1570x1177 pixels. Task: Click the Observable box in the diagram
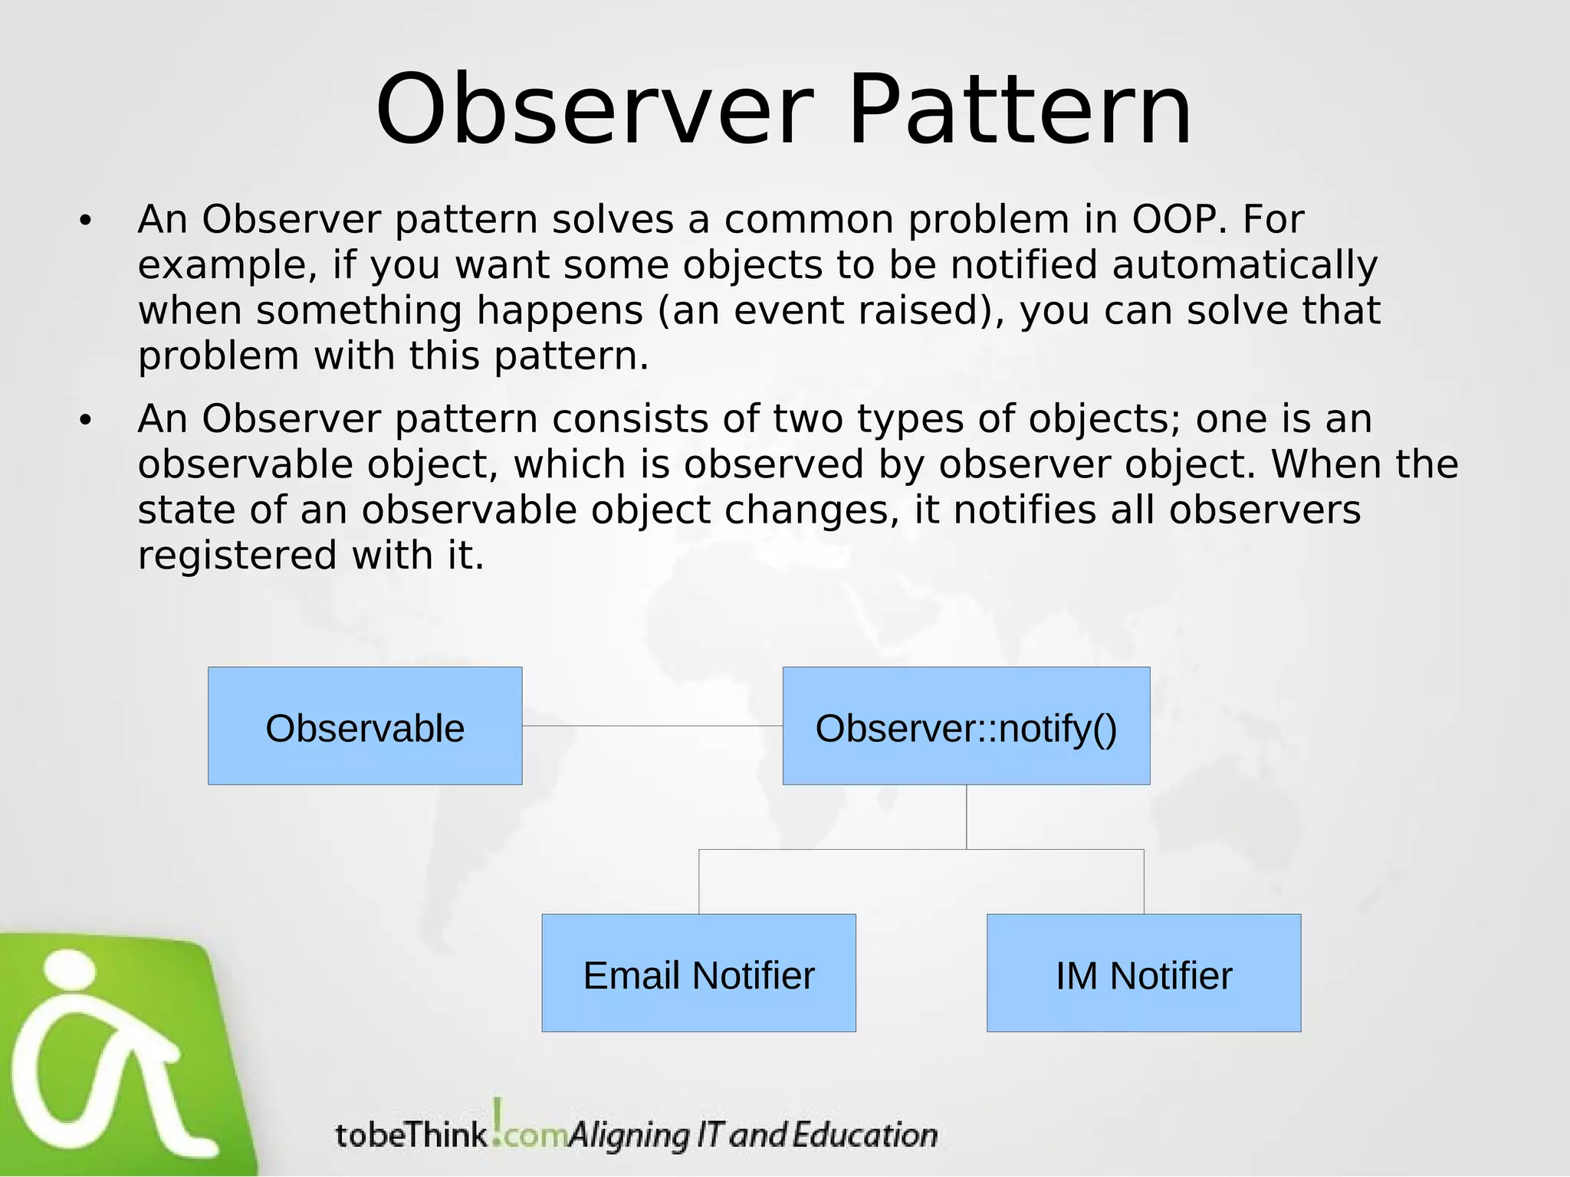365,726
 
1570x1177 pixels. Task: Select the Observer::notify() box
966,726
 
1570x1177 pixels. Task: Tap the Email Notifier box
698,972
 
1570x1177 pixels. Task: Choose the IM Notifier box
1143,972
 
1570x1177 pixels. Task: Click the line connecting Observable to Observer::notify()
652,726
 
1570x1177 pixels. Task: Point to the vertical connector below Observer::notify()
966,816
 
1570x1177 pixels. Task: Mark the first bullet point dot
85,221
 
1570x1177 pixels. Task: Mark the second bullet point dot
85,421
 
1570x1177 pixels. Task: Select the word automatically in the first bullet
1244,266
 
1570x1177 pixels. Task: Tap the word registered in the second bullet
237,556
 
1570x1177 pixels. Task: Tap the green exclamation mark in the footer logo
497,1117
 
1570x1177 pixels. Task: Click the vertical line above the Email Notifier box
698,881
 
